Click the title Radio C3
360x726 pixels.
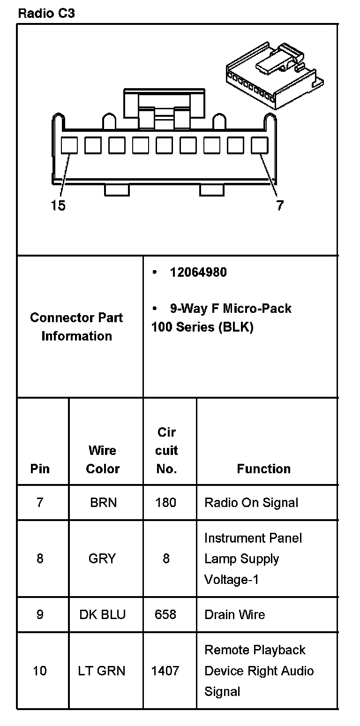[46, 13]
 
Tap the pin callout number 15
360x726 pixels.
[59, 205]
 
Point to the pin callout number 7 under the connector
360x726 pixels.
[279, 205]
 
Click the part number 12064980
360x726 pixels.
[198, 272]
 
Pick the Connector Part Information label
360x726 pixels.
[76, 327]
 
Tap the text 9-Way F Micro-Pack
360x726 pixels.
[230, 309]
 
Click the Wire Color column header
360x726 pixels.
[103, 460]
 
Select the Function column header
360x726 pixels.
[263, 469]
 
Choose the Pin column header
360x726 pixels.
[40, 469]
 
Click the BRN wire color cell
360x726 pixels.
[103, 503]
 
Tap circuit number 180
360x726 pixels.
[166, 503]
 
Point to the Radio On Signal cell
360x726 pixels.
[251, 503]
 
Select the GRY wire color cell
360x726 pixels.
[102, 559]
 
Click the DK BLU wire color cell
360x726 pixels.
[103, 614]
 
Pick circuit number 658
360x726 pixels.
[165, 614]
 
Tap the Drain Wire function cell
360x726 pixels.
[235, 614]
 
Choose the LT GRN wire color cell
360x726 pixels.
[102, 671]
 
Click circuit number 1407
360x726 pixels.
[165, 671]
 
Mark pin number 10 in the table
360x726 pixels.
[40, 671]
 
